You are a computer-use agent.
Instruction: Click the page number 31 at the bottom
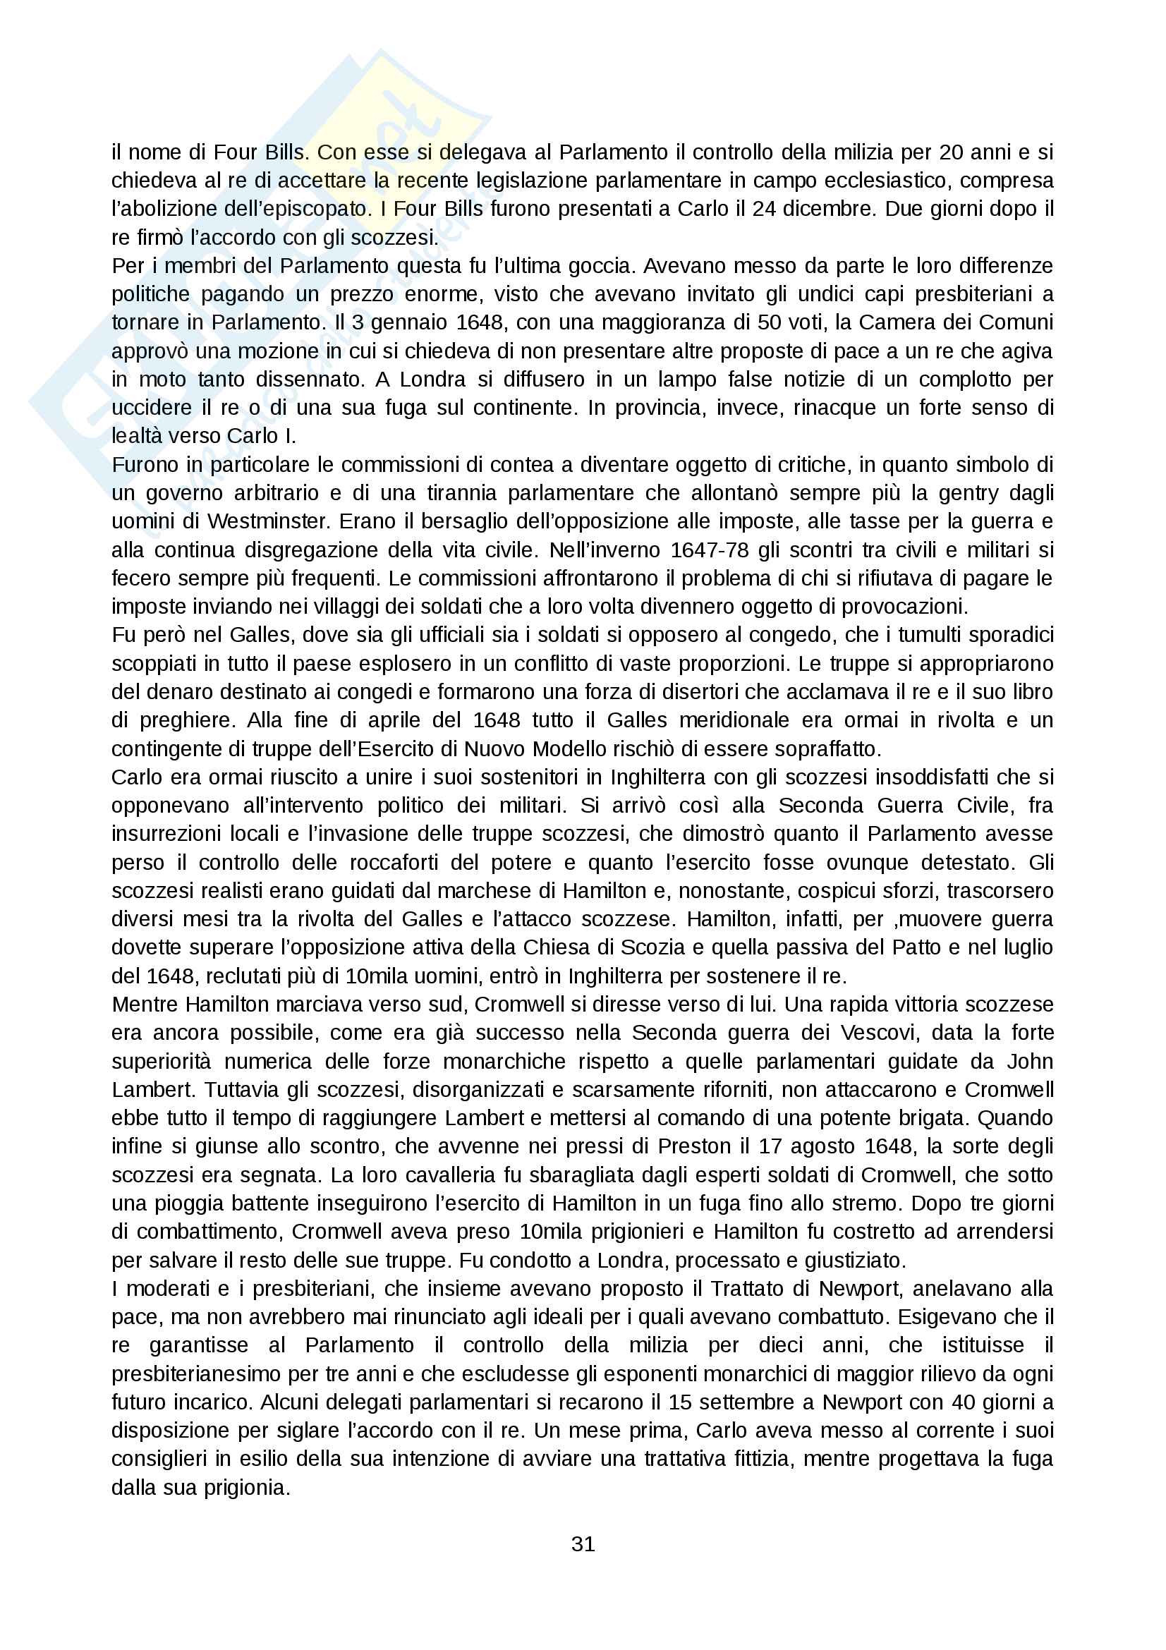[x=583, y=1543]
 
